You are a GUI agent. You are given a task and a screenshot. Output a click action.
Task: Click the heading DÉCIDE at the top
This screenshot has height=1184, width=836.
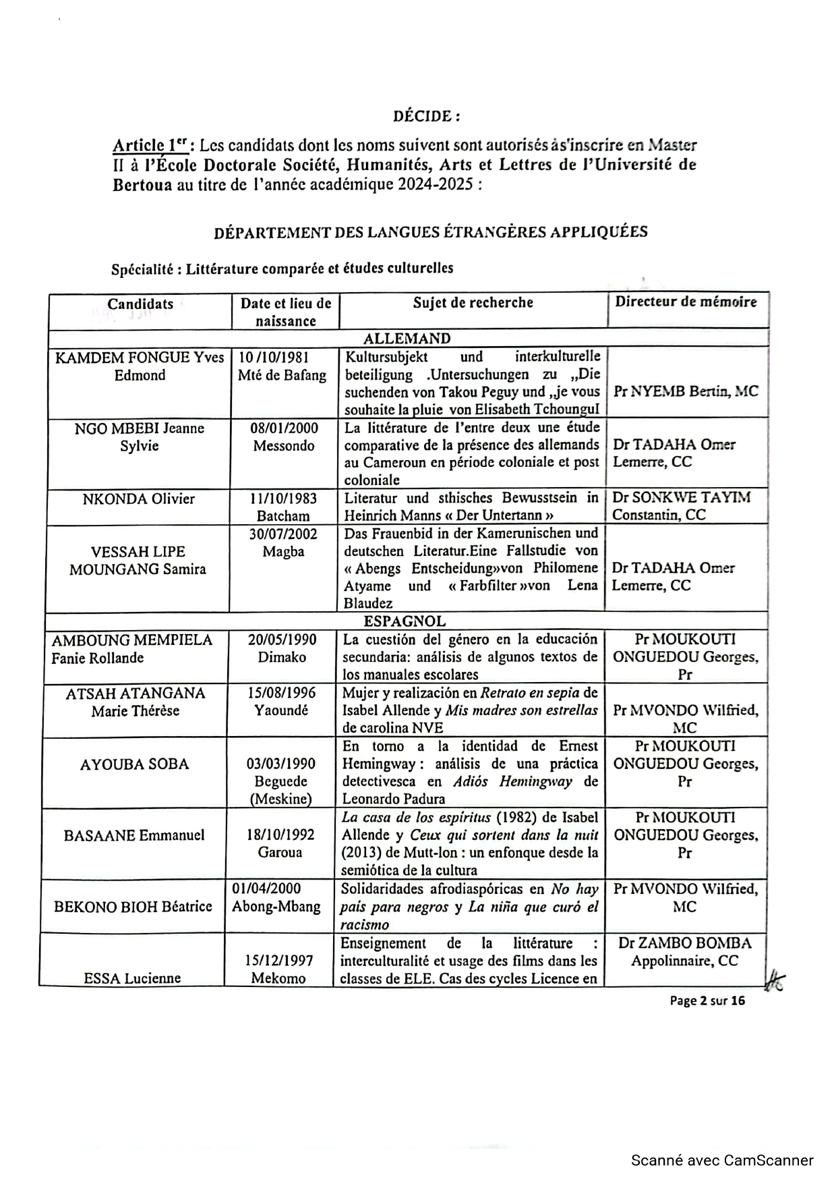[426, 116]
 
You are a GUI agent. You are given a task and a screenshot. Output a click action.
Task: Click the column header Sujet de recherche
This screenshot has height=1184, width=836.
[473, 302]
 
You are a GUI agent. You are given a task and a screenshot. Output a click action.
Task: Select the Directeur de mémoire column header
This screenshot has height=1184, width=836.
[686, 302]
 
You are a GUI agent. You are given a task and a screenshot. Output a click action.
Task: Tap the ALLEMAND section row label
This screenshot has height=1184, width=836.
[407, 338]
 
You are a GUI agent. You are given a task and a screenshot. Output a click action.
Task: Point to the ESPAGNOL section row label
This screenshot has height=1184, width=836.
[405, 621]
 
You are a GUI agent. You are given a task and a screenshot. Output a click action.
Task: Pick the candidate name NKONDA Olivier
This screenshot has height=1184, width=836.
[138, 499]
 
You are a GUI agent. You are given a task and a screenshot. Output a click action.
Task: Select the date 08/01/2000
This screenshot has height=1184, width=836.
[284, 428]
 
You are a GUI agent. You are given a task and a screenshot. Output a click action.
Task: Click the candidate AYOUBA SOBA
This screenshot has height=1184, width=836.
[134, 764]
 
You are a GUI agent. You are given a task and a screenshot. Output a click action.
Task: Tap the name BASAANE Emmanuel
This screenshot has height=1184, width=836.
[134, 835]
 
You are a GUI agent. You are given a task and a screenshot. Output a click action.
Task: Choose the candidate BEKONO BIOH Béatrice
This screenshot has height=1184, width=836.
[133, 907]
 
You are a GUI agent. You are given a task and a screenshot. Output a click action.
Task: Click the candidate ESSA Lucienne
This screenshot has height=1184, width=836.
[132, 978]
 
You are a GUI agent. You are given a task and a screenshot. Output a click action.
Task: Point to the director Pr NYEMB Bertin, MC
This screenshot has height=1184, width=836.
[686, 391]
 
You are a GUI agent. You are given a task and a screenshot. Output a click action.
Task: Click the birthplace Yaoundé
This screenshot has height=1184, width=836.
[281, 710]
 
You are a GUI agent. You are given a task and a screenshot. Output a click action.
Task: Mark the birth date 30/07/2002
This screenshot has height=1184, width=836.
[283, 534]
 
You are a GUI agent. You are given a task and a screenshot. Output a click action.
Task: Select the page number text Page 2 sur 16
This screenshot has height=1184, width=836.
[707, 1000]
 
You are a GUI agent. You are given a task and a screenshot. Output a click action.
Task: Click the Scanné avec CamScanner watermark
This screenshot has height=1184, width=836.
[722, 1160]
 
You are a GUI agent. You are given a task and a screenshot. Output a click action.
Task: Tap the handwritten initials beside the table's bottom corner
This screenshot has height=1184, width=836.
[774, 980]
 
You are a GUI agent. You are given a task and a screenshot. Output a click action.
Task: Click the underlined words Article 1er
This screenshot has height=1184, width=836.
[150, 145]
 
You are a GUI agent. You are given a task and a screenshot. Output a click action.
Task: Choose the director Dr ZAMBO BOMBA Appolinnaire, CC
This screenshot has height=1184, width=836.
[684, 952]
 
